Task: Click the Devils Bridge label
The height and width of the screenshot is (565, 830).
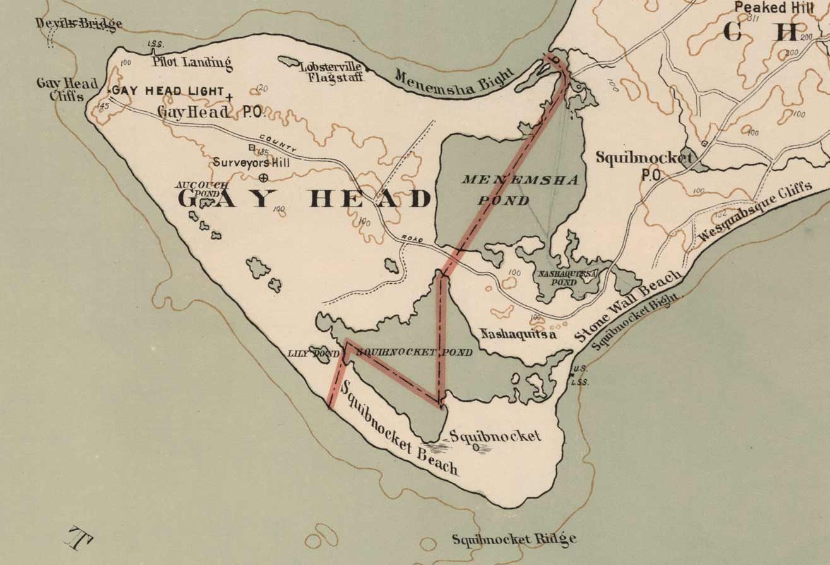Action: tap(78, 24)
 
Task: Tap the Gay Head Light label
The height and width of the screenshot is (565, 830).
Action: tap(169, 92)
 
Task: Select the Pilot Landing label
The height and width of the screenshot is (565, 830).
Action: tap(192, 62)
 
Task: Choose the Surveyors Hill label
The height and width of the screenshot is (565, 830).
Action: tap(251, 162)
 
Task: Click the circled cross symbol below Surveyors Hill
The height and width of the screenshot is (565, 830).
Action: tap(264, 178)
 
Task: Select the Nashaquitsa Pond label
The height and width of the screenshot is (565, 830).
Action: tap(566, 278)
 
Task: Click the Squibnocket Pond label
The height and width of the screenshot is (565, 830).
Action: tap(413, 352)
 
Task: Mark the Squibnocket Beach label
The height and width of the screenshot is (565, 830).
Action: tap(399, 430)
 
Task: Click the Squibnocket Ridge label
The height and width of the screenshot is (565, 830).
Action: tap(514, 539)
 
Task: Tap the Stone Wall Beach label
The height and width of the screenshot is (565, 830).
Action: tap(628, 307)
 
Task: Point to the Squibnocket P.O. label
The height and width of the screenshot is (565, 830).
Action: tap(643, 164)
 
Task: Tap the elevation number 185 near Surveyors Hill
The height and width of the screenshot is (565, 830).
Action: tap(263, 152)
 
